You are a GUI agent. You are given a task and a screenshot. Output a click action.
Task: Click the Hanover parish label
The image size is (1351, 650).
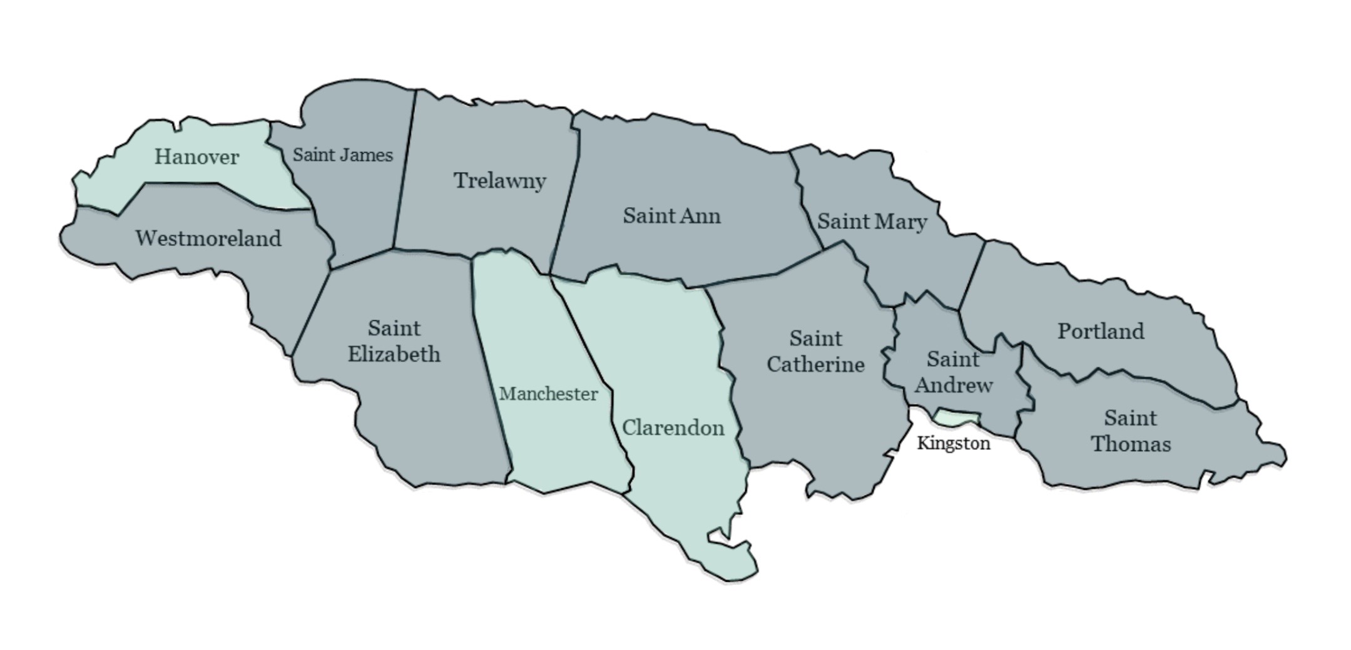click(x=196, y=156)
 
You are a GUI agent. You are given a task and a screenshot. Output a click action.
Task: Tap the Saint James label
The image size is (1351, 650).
click(x=342, y=155)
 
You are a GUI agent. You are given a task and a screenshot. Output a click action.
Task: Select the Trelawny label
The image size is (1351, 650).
click(x=499, y=181)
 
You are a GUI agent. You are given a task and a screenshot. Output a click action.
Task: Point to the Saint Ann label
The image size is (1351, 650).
click(x=671, y=216)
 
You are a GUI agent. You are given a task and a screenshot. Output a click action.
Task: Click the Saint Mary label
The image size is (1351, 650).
click(x=872, y=221)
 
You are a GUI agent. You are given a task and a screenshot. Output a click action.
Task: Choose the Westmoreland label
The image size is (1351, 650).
click(x=208, y=238)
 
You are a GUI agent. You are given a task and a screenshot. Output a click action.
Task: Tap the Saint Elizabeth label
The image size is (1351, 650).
click(x=394, y=341)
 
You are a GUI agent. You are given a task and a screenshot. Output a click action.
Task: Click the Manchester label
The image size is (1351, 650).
click(x=548, y=394)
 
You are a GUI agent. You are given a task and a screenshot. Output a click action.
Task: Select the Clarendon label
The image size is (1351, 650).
click(x=673, y=428)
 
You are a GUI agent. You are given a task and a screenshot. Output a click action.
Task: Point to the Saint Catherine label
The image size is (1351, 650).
click(x=815, y=351)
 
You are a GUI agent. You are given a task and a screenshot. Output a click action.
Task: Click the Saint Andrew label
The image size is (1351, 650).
click(x=953, y=372)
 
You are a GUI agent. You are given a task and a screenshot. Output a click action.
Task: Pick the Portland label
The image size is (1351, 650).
click(x=1101, y=331)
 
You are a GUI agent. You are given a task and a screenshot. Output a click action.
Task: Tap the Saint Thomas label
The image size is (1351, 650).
click(x=1130, y=430)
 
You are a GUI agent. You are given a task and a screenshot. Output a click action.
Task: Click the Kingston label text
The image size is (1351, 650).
click(x=953, y=444)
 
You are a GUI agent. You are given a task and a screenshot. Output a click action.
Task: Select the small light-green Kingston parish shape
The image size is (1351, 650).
click(x=956, y=417)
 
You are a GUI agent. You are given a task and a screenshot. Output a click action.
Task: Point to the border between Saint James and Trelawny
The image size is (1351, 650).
click(x=404, y=169)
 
